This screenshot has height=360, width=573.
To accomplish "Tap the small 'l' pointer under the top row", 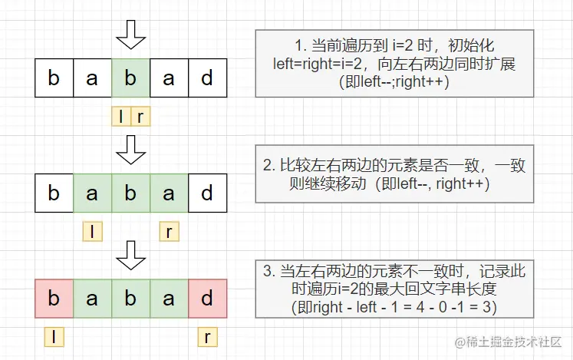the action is point(121,116).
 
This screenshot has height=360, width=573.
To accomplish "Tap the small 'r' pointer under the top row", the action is point(140,116).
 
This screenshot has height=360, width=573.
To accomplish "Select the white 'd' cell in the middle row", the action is point(207,193).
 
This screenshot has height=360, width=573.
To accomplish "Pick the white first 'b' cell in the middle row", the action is point(54,193).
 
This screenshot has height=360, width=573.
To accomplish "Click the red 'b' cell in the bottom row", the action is point(54,299).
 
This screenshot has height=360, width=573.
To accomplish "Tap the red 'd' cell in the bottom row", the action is point(207,299).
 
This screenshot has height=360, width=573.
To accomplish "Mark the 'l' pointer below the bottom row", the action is point(54,335).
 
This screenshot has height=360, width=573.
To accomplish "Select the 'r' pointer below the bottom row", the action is point(207,335).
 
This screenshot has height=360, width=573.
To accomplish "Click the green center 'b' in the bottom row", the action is point(130,299).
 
